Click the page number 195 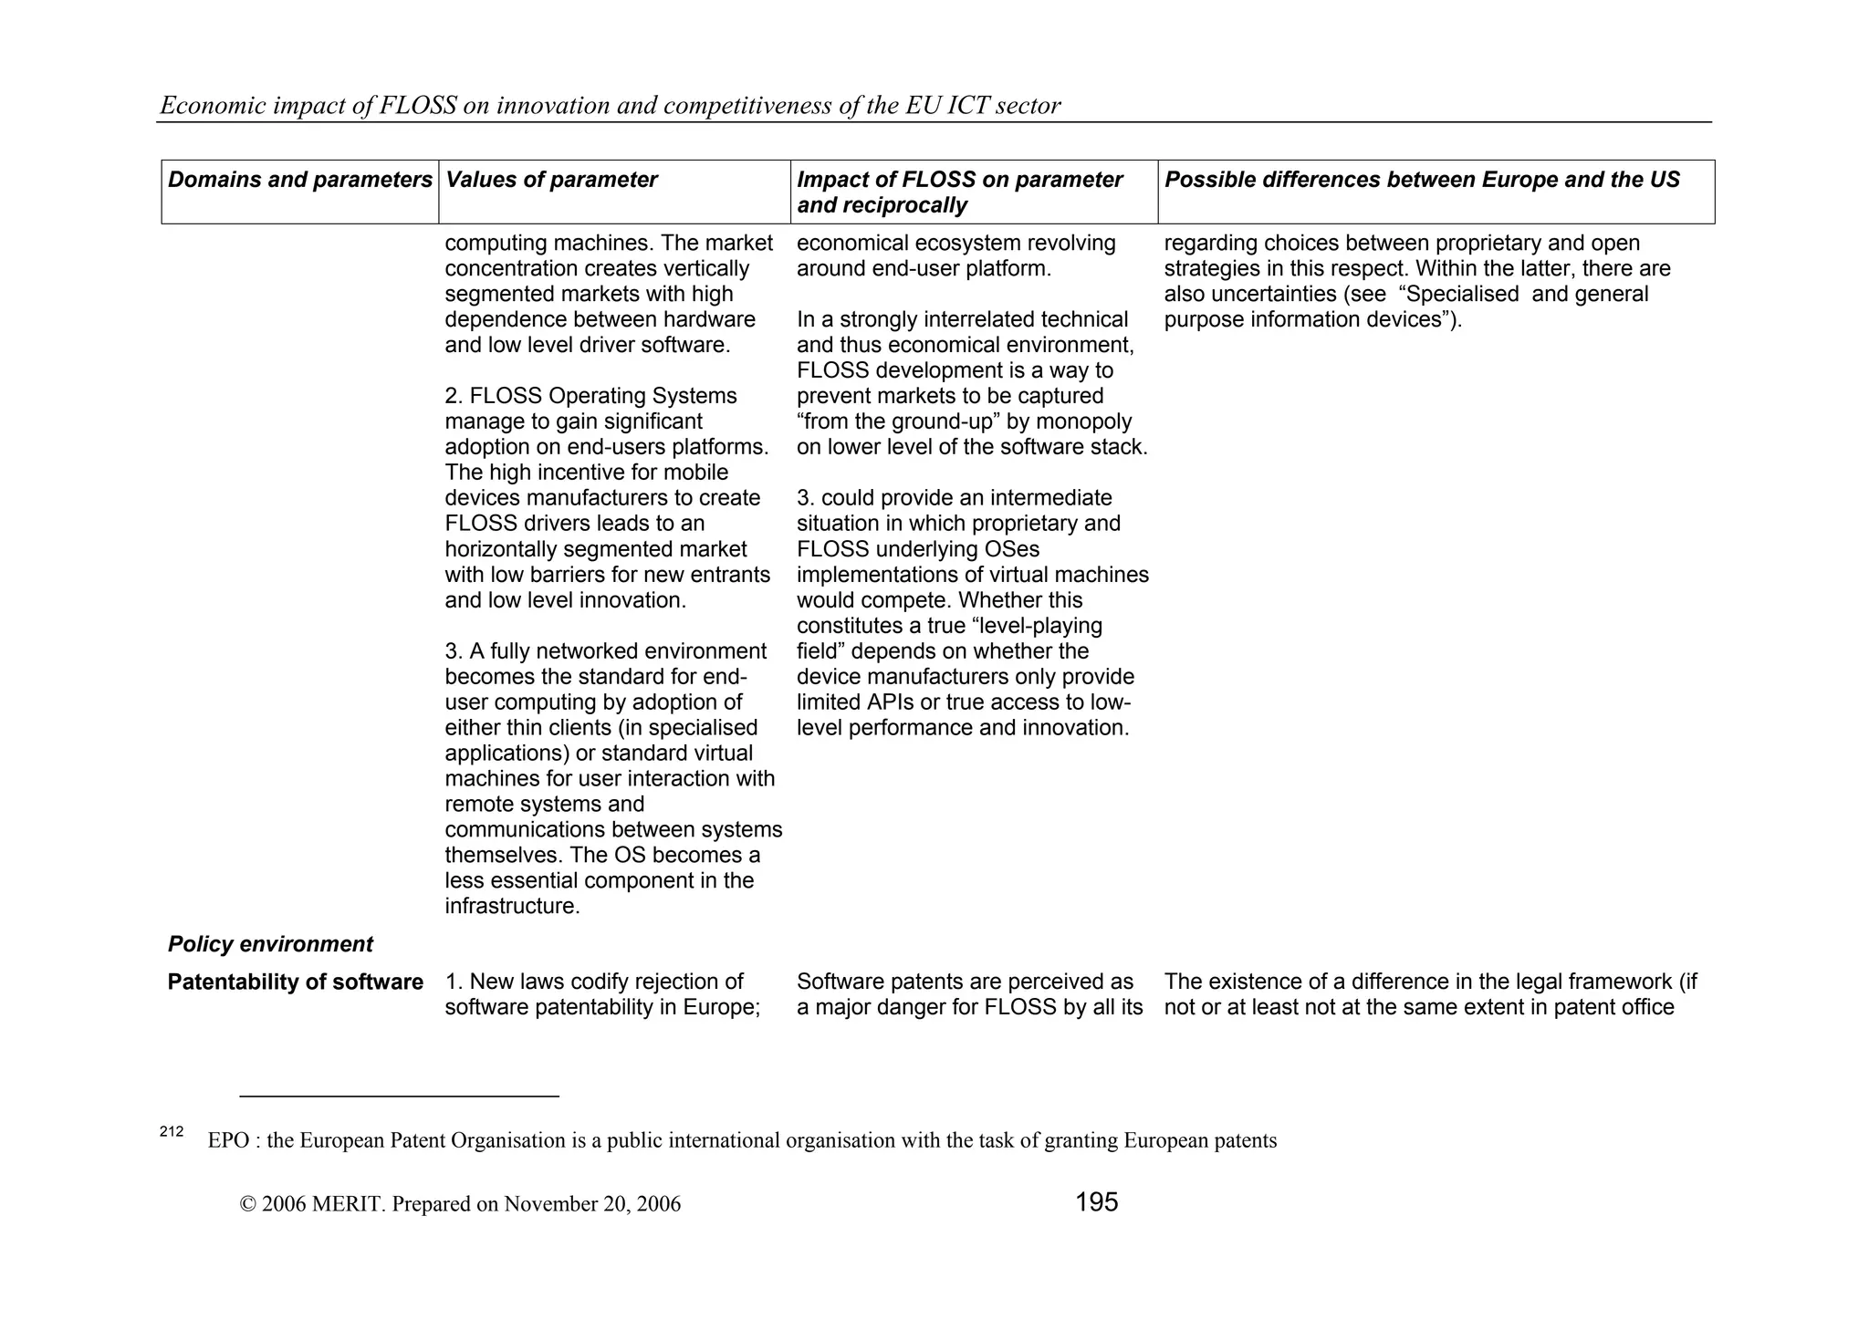(x=1096, y=1202)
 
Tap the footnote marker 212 (x=172, y=1132)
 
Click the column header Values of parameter (x=551, y=180)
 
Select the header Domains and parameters (x=299, y=180)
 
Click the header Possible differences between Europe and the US (x=1422, y=180)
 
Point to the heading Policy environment (x=270, y=944)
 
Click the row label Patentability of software (x=295, y=982)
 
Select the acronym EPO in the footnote (x=228, y=1141)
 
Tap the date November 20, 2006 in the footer (x=592, y=1204)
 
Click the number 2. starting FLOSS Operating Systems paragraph (x=454, y=397)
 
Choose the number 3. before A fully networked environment (x=454, y=652)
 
